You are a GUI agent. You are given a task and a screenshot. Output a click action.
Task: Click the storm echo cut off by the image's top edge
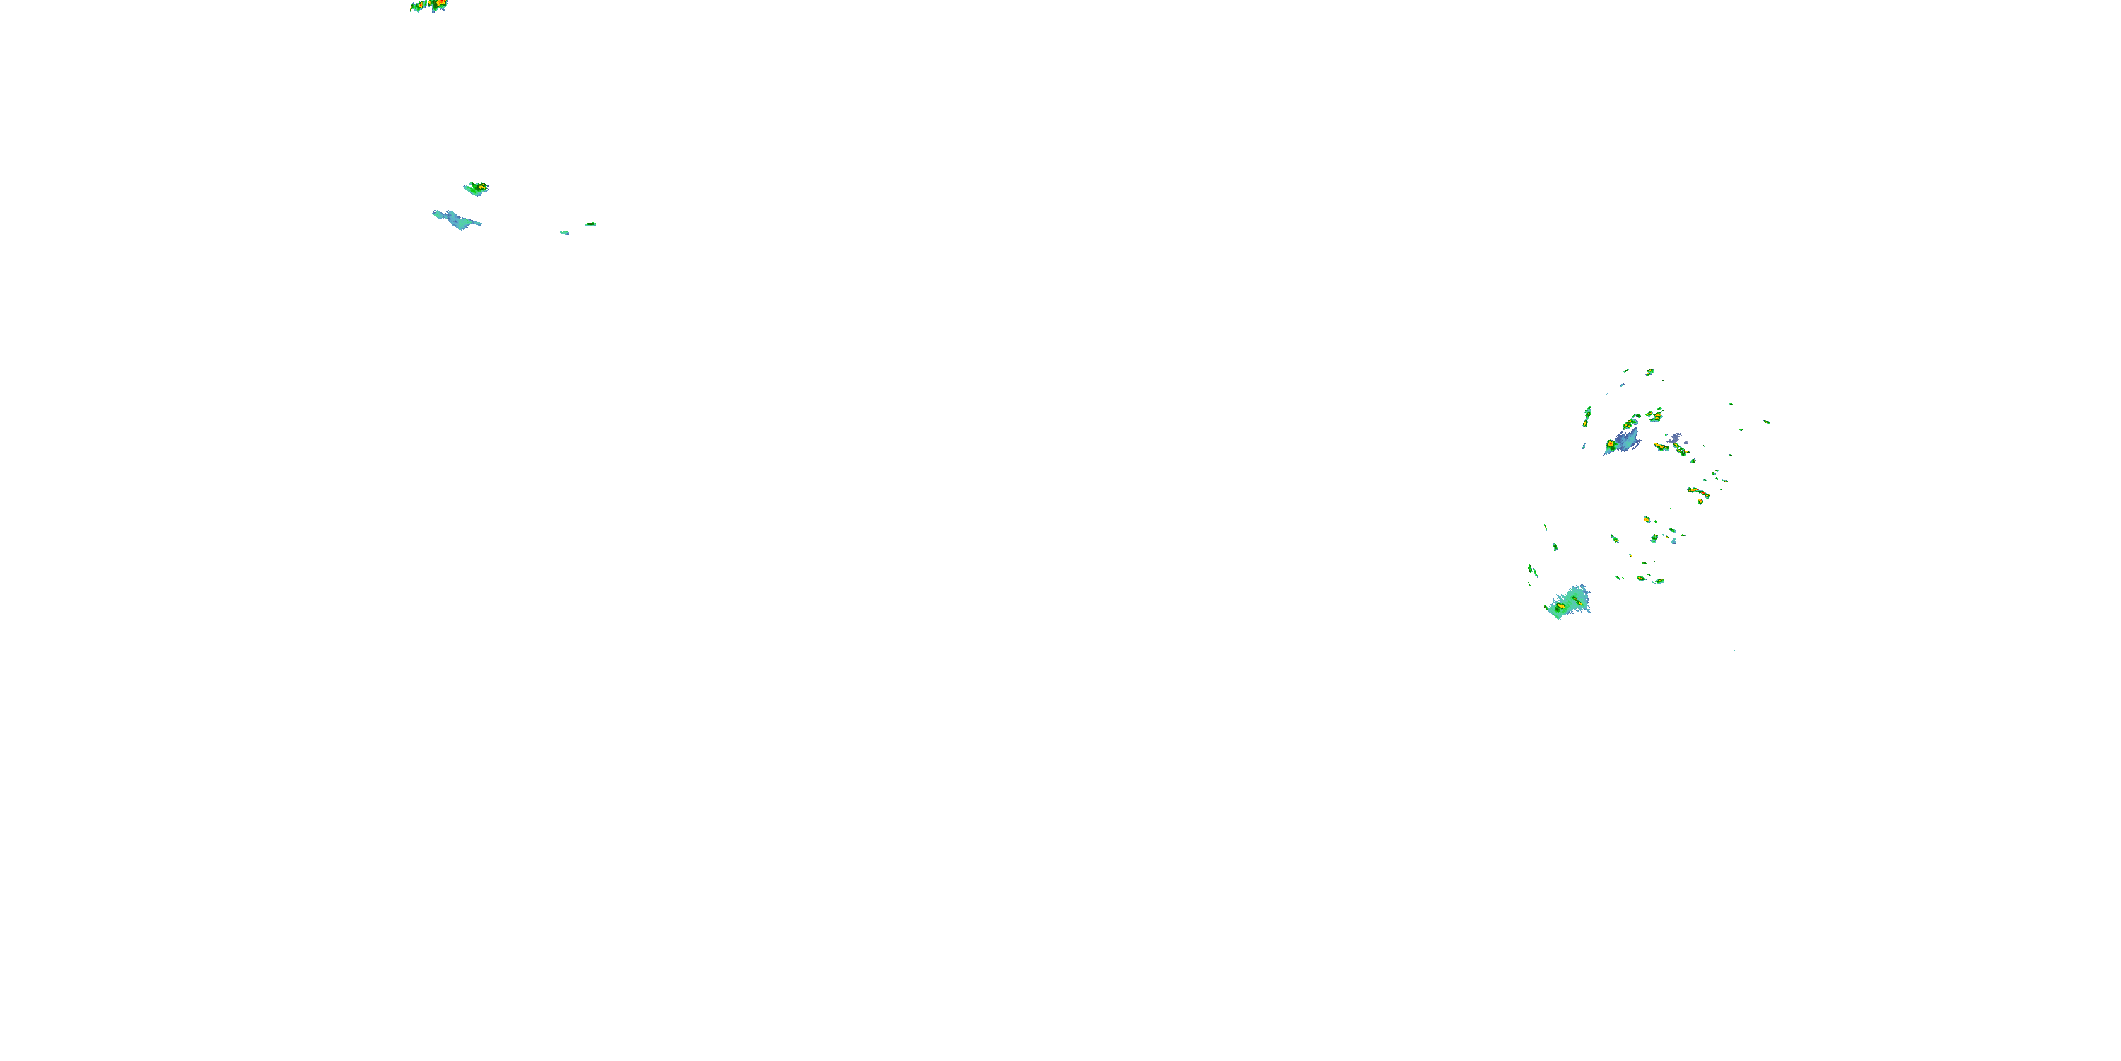[x=428, y=6]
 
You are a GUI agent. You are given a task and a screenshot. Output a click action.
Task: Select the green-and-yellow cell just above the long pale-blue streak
[x=476, y=189]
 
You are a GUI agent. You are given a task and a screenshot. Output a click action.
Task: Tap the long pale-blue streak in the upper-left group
[x=456, y=220]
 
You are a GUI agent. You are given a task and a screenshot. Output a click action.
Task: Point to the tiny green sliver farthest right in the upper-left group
[x=590, y=224]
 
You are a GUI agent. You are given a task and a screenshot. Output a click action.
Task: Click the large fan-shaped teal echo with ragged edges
[x=1570, y=602]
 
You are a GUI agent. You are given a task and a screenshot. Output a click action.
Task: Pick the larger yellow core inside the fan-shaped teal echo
[x=1560, y=606]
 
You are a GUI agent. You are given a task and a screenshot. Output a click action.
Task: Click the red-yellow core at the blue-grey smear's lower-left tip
[x=1610, y=445]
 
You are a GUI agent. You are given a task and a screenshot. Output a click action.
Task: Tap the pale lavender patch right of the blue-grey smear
[x=1675, y=440]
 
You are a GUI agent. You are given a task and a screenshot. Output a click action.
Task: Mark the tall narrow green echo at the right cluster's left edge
[x=1587, y=416]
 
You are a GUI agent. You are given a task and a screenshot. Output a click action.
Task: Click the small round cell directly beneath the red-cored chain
[x=1700, y=501]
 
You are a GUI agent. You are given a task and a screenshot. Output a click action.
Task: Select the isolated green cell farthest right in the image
[x=1767, y=422]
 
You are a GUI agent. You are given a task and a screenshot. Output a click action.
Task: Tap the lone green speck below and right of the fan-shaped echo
[x=1733, y=651]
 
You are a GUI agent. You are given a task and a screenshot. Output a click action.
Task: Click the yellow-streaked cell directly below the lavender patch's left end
[x=1661, y=446]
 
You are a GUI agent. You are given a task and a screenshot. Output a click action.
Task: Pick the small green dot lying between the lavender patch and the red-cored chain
[x=1693, y=461]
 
